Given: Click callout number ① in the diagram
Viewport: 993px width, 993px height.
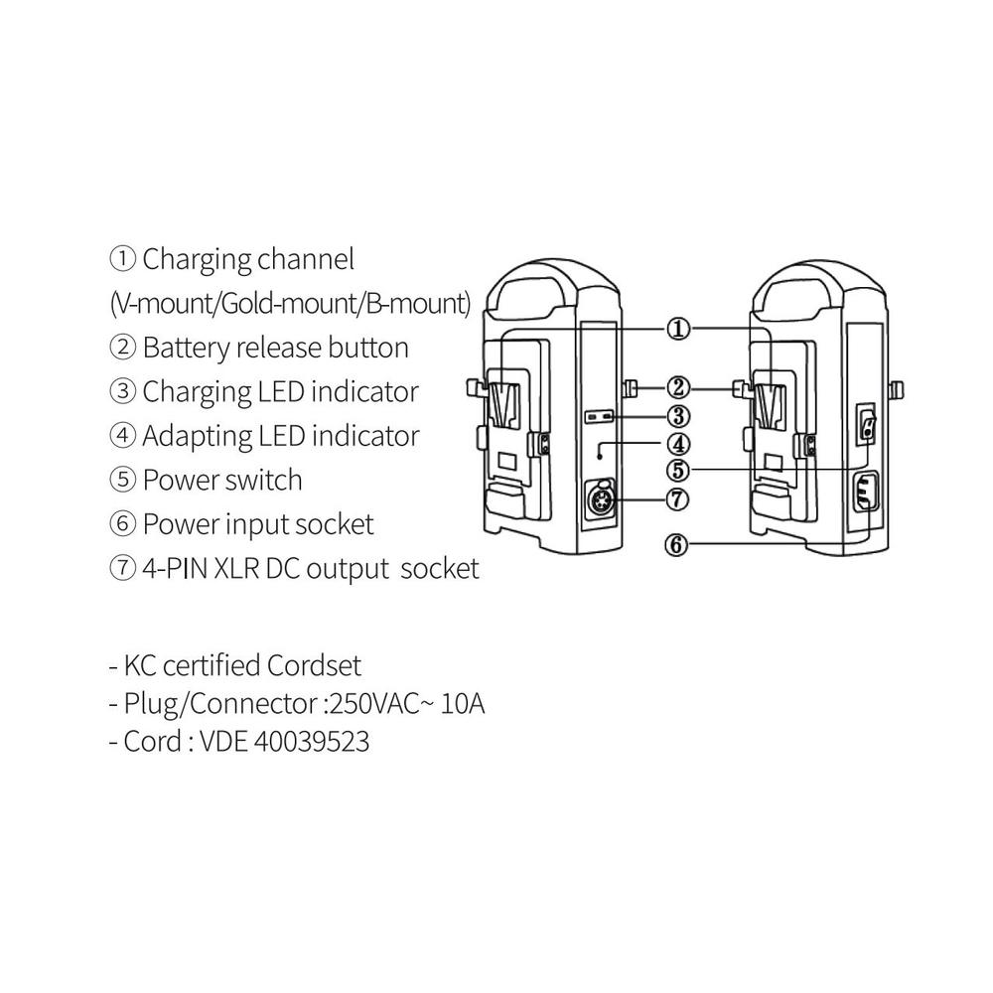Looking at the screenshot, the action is tap(677, 329).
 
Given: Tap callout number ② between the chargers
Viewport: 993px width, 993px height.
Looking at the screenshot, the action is tap(678, 386).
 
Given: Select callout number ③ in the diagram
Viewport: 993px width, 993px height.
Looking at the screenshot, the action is tap(678, 416).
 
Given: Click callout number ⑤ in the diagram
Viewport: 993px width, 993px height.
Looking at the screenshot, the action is tap(678, 469).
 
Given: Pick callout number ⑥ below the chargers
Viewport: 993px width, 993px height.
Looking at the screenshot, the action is tap(678, 545).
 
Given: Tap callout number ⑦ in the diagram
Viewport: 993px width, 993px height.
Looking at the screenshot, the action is tap(678, 498).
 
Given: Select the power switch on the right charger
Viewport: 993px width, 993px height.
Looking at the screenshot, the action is tap(869, 430).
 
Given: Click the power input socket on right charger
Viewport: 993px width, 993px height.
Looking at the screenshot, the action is tap(868, 493).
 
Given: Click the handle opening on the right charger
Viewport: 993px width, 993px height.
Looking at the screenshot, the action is tap(805, 294).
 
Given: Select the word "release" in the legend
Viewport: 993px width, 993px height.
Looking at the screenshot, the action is tap(280, 349).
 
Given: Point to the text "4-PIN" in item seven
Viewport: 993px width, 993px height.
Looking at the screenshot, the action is tap(174, 569).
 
